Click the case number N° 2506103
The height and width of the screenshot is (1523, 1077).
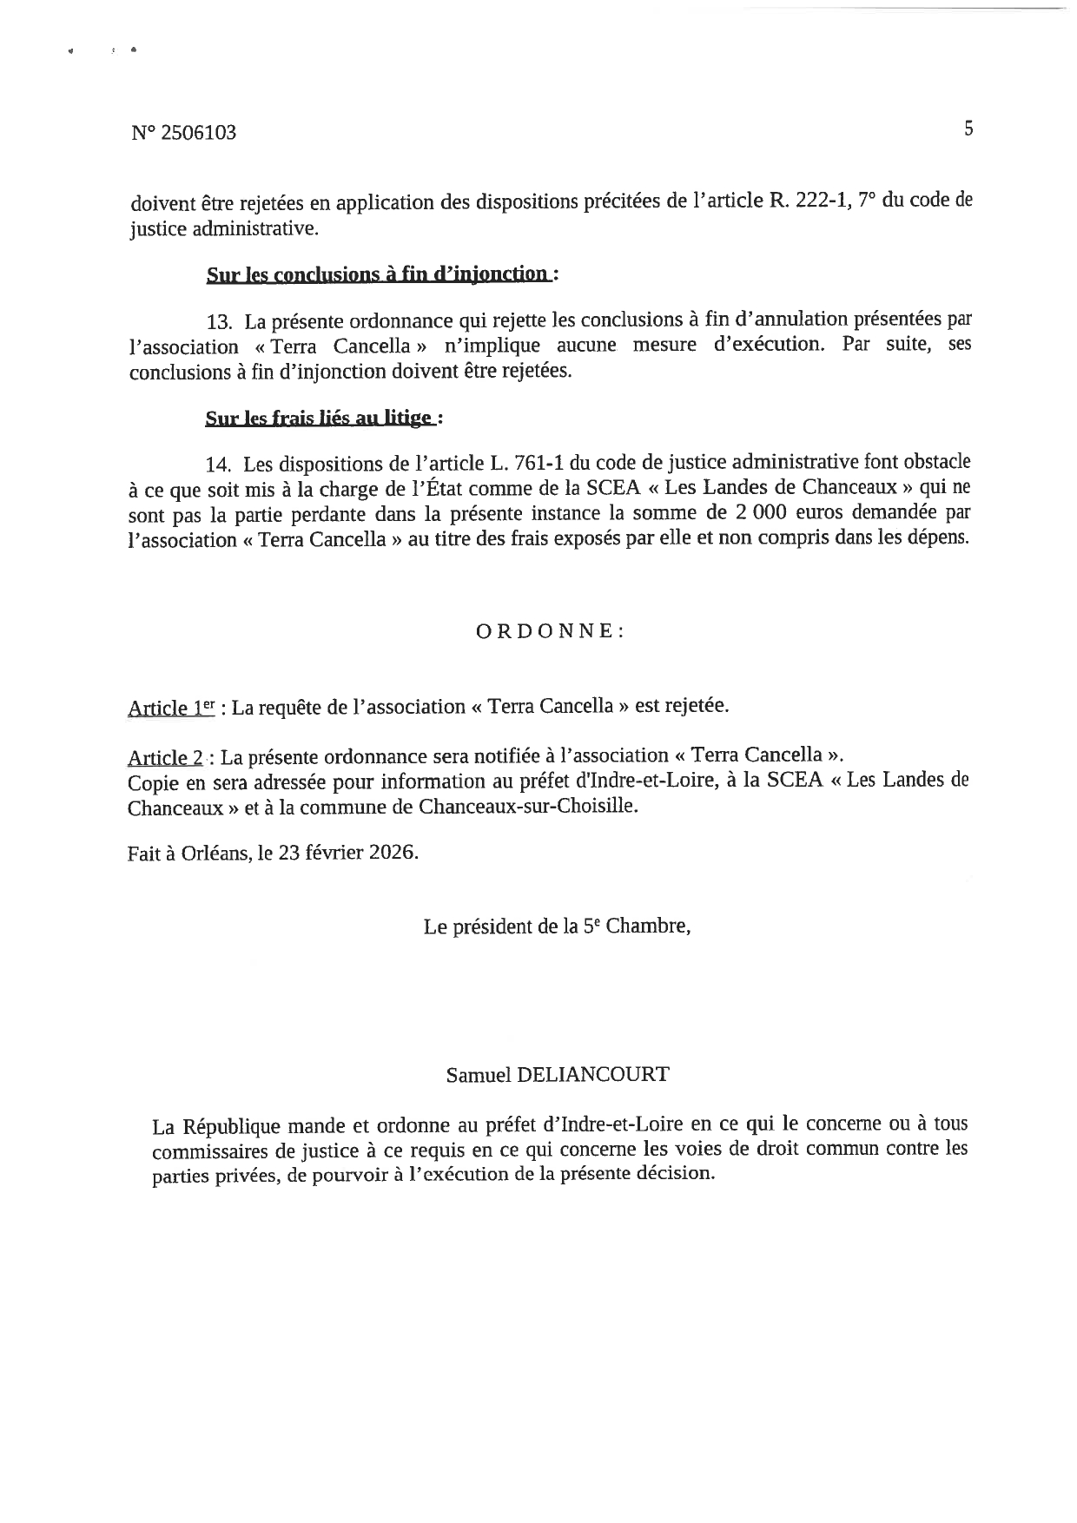coord(183,133)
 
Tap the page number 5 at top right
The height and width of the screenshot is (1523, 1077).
coord(968,129)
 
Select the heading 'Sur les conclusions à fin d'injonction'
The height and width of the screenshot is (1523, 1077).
coord(378,275)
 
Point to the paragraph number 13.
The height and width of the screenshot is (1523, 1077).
coord(219,322)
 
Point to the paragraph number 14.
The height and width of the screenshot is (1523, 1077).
coord(219,465)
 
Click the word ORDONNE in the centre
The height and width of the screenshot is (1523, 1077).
coord(550,631)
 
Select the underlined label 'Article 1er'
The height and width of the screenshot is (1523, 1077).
coord(170,708)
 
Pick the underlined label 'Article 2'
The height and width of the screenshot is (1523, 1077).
coord(165,756)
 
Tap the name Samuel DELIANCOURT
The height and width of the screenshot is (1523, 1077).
coord(558,1074)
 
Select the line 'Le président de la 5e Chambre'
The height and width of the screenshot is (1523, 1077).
coord(557,926)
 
